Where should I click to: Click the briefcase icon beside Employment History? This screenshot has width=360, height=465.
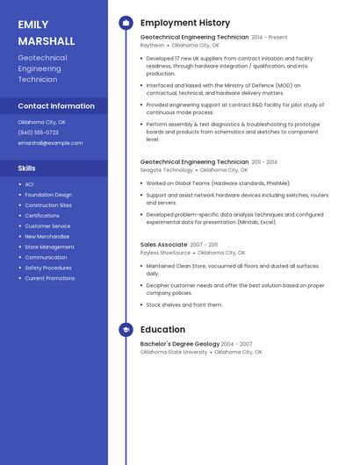[126, 23]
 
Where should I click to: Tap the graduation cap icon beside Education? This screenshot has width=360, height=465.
[126, 330]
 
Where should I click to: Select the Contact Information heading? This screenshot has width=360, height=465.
[56, 106]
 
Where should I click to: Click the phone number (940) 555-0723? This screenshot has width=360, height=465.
[38, 132]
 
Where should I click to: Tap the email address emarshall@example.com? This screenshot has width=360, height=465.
[50, 143]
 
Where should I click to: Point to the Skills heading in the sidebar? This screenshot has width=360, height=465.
[27, 168]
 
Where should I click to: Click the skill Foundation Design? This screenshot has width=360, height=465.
[48, 195]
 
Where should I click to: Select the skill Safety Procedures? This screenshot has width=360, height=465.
[48, 268]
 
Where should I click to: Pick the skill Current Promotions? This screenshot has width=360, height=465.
[50, 278]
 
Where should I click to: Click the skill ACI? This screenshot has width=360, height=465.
[29, 184]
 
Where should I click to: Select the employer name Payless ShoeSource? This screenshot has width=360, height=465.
[165, 253]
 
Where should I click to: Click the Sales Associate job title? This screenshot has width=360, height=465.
[163, 245]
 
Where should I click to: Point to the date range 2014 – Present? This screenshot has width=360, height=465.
[270, 38]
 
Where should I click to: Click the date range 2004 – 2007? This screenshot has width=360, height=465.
[236, 344]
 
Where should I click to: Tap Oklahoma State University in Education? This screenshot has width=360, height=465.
[174, 352]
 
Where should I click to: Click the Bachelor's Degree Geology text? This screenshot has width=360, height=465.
[179, 344]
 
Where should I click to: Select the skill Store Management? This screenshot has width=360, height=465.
[49, 247]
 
